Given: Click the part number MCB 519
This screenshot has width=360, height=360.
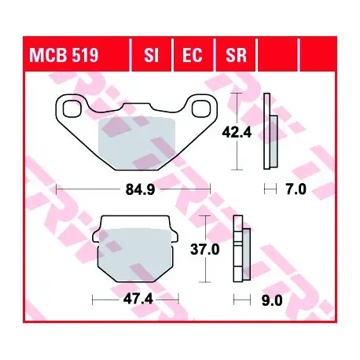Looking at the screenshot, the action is [x=64, y=55].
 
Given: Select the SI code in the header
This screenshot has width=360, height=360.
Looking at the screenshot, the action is [x=152, y=55].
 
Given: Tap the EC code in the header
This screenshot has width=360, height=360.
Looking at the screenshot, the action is [x=193, y=55].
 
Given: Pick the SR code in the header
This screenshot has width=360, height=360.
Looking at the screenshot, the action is [x=236, y=55].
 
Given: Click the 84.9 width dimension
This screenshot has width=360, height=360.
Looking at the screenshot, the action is [x=140, y=189].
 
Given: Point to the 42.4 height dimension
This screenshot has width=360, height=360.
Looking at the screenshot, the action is [x=237, y=133].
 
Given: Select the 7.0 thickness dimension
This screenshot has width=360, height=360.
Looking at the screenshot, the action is [x=296, y=189].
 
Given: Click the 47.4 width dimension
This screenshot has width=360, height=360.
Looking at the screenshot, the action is [x=138, y=299].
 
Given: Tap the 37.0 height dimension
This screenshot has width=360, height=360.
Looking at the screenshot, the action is [x=204, y=249].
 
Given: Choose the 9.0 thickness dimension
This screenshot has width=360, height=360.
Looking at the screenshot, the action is [x=272, y=301].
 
